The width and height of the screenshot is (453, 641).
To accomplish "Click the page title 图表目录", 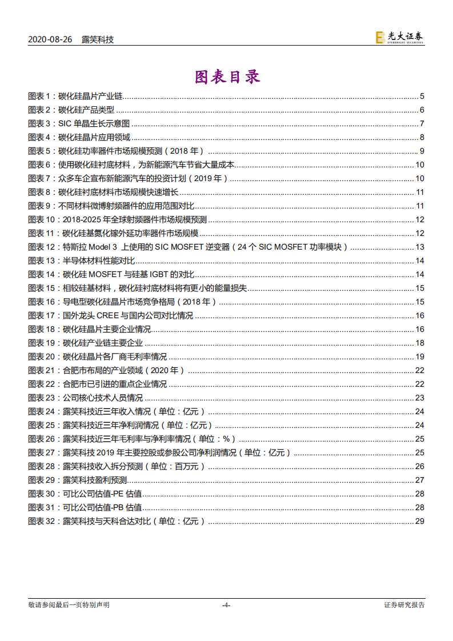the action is [x=227, y=77].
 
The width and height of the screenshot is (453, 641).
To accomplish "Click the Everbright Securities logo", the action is [x=399, y=38].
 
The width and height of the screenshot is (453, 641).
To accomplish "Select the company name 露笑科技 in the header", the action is [x=98, y=39].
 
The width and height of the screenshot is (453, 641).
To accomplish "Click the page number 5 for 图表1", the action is [x=422, y=96].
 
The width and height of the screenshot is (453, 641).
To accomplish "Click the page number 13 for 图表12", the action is [x=419, y=247].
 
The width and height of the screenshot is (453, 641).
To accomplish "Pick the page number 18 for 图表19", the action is [x=419, y=343].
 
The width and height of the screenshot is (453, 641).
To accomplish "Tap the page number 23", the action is [x=419, y=398].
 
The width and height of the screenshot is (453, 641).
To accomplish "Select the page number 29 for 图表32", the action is [x=419, y=521].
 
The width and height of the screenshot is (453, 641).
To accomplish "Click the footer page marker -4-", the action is [x=226, y=605].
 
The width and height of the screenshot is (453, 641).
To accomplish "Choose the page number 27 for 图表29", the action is [x=419, y=480].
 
